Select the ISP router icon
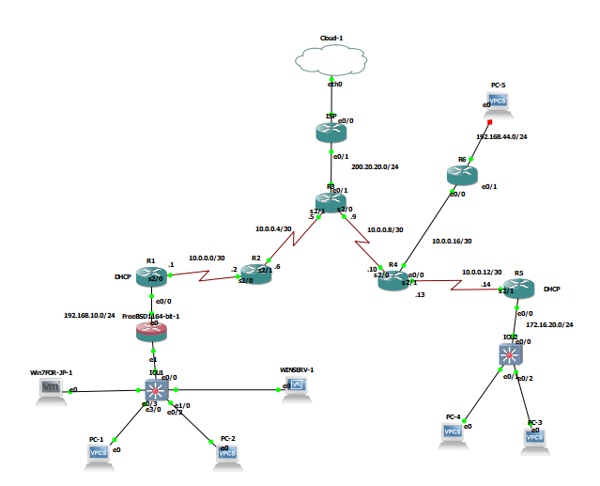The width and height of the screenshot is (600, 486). (x=331, y=133)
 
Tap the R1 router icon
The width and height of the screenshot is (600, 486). (x=151, y=275)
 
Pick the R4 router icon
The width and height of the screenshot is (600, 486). (x=394, y=279)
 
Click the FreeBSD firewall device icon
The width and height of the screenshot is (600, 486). (x=151, y=332)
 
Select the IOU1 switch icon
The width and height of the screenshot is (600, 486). (x=156, y=390)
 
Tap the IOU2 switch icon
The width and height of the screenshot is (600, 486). (x=509, y=354)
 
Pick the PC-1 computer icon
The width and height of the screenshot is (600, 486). (x=97, y=452)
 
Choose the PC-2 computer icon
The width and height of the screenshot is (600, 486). (x=227, y=452)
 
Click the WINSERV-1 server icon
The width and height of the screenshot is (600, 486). (x=298, y=384)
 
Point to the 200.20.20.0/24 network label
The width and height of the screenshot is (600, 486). (x=376, y=166)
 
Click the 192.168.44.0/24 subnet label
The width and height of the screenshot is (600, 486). (x=501, y=136)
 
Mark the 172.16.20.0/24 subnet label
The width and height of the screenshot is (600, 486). (x=548, y=324)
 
